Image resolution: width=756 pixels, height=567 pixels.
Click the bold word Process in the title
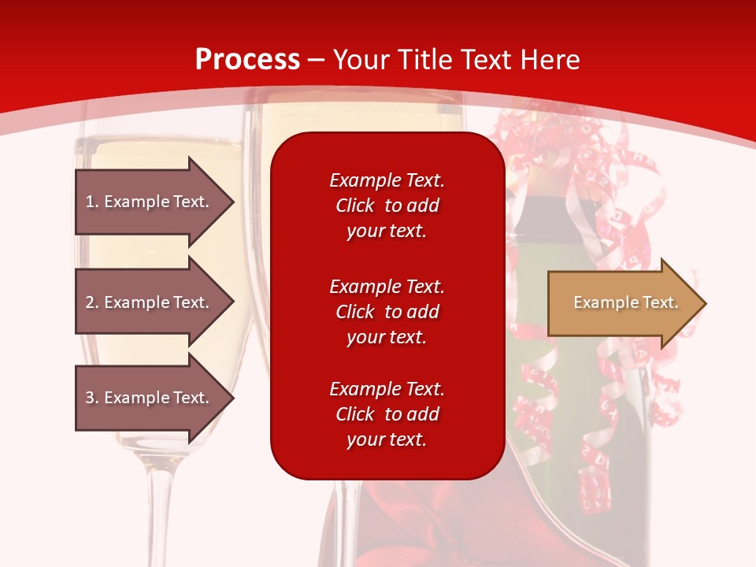click(247, 60)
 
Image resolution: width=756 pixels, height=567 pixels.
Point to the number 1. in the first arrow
click(92, 202)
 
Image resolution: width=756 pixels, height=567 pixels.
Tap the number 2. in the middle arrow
click(92, 302)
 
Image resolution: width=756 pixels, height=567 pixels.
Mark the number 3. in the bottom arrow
click(92, 398)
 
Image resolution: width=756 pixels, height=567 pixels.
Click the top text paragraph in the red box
click(387, 206)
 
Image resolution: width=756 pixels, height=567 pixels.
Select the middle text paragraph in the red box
click(387, 312)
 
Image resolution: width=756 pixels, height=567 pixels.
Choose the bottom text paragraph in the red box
click(387, 414)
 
